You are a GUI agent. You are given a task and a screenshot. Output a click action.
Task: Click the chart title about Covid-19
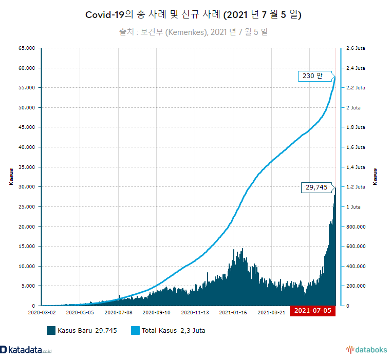coord(193,15)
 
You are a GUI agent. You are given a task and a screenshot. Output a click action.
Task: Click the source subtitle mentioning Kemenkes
coord(193,32)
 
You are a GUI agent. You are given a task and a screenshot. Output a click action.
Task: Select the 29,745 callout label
coord(316,187)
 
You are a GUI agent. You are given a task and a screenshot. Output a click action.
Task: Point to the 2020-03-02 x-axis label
coord(42,312)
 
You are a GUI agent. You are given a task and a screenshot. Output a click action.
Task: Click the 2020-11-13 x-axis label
coord(195,312)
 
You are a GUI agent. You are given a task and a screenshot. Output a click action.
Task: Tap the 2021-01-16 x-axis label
coord(234,312)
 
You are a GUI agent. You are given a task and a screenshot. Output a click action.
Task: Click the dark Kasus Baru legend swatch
coord(51,330)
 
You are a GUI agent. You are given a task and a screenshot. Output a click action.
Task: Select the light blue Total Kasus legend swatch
coord(135,330)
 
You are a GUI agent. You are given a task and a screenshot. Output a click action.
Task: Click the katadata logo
coord(26,350)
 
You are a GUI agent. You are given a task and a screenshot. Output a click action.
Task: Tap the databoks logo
coord(366,350)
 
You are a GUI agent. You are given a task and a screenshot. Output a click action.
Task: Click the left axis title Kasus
coord(11,177)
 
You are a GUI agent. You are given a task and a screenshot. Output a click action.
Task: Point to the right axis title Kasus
coord(375,177)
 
